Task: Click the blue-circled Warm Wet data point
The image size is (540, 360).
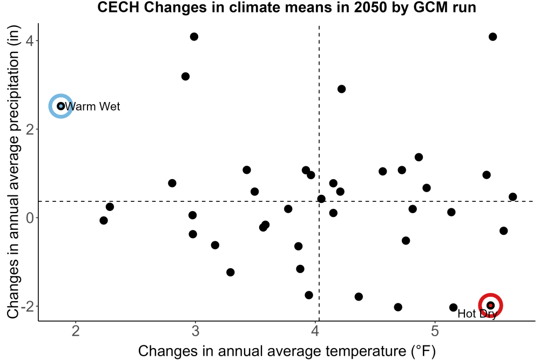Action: (60, 106)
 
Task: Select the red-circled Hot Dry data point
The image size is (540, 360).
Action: (490, 305)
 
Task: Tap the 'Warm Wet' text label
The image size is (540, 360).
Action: (92, 106)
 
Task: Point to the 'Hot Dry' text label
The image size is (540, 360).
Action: (477, 314)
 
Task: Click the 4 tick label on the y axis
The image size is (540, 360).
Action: (29, 41)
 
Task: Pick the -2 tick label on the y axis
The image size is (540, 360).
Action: (27, 307)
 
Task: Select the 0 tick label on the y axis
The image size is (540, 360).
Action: (30, 218)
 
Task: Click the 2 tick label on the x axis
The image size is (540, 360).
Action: (76, 331)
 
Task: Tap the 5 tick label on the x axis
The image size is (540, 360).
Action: (435, 331)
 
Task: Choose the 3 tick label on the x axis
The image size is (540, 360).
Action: (195, 331)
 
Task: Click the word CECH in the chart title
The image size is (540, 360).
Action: (118, 8)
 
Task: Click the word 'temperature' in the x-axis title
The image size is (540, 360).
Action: (366, 351)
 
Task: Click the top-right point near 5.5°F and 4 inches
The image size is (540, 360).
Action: (492, 37)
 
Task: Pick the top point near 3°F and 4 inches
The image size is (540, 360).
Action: (194, 37)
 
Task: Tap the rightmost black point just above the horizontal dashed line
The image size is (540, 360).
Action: (512, 197)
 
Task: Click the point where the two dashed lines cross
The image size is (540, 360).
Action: (319, 201)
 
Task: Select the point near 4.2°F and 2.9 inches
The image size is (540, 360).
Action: (341, 89)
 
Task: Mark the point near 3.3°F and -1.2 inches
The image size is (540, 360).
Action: (231, 272)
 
